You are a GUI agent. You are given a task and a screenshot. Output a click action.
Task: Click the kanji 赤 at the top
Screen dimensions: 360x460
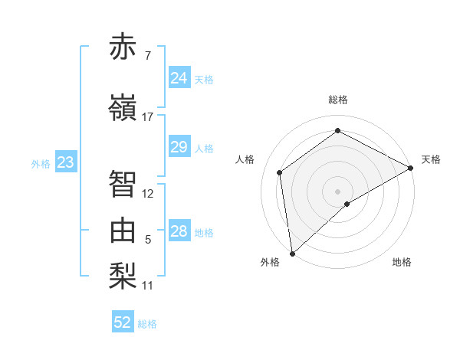click(123, 47)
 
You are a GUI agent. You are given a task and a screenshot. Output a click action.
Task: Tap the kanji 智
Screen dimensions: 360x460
click(123, 184)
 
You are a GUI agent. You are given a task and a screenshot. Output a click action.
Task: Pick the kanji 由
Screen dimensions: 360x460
click(123, 230)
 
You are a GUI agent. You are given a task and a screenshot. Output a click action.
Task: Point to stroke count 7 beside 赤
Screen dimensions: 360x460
click(147, 56)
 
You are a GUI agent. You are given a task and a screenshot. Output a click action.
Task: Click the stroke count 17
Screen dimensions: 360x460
click(148, 116)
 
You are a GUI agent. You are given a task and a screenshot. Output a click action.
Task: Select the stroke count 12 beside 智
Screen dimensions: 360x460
click(148, 194)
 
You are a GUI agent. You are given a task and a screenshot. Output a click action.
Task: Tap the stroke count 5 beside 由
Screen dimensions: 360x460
click(148, 240)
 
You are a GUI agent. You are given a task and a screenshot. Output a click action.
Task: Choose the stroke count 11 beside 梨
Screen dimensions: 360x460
click(148, 286)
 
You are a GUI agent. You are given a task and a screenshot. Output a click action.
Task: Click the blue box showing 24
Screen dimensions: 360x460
click(179, 78)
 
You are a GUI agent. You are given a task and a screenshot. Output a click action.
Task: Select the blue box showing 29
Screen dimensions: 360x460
click(179, 147)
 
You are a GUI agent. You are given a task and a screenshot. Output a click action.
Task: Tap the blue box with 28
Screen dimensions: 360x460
click(179, 231)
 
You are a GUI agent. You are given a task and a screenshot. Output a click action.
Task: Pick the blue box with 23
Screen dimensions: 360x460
click(65, 162)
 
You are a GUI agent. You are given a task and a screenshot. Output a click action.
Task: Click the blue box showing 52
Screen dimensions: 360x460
click(123, 322)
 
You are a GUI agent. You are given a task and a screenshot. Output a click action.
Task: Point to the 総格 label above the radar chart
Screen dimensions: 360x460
click(338, 100)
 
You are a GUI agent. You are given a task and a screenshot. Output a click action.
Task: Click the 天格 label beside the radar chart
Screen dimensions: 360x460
click(431, 159)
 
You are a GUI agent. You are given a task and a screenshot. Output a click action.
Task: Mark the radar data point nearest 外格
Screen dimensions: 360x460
click(292, 253)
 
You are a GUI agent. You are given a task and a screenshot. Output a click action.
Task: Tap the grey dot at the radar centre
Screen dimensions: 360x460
click(338, 190)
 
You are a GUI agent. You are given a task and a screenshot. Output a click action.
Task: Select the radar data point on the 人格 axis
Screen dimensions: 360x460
click(280, 172)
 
